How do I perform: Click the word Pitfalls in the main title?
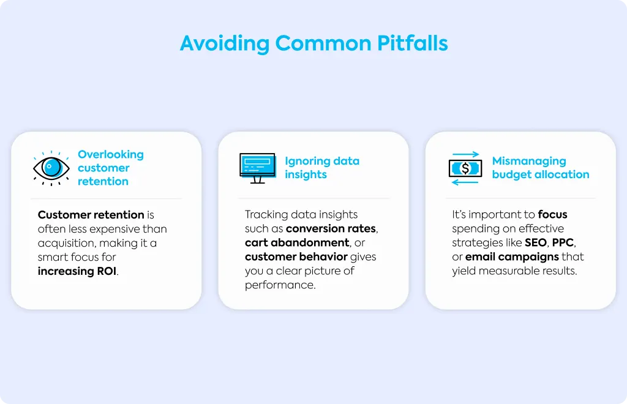coord(412,43)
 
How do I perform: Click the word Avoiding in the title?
coord(225,44)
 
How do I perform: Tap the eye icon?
coord(51,168)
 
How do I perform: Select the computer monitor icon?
coord(258,168)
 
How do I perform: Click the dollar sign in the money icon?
coord(465,168)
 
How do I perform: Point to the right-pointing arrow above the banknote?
coord(465,154)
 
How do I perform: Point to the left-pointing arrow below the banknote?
coord(465,182)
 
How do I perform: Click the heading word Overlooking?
coord(111,155)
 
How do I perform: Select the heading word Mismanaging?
coord(529,161)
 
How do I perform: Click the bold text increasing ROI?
coord(77,271)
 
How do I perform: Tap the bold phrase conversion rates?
coord(331,228)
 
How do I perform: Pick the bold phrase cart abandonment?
coord(297,242)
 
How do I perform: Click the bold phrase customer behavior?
coord(296,256)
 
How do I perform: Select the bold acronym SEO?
coord(536,242)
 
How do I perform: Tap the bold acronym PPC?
coord(563,242)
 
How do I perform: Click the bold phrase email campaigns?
coord(512,256)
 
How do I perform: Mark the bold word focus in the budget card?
coord(552,215)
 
